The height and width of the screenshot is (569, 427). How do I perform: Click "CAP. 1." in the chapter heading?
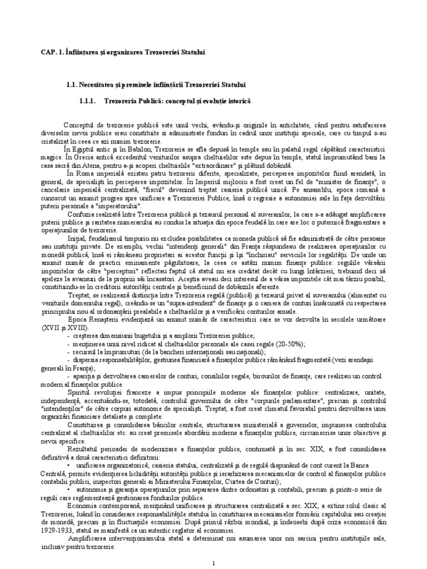click(x=52, y=52)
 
